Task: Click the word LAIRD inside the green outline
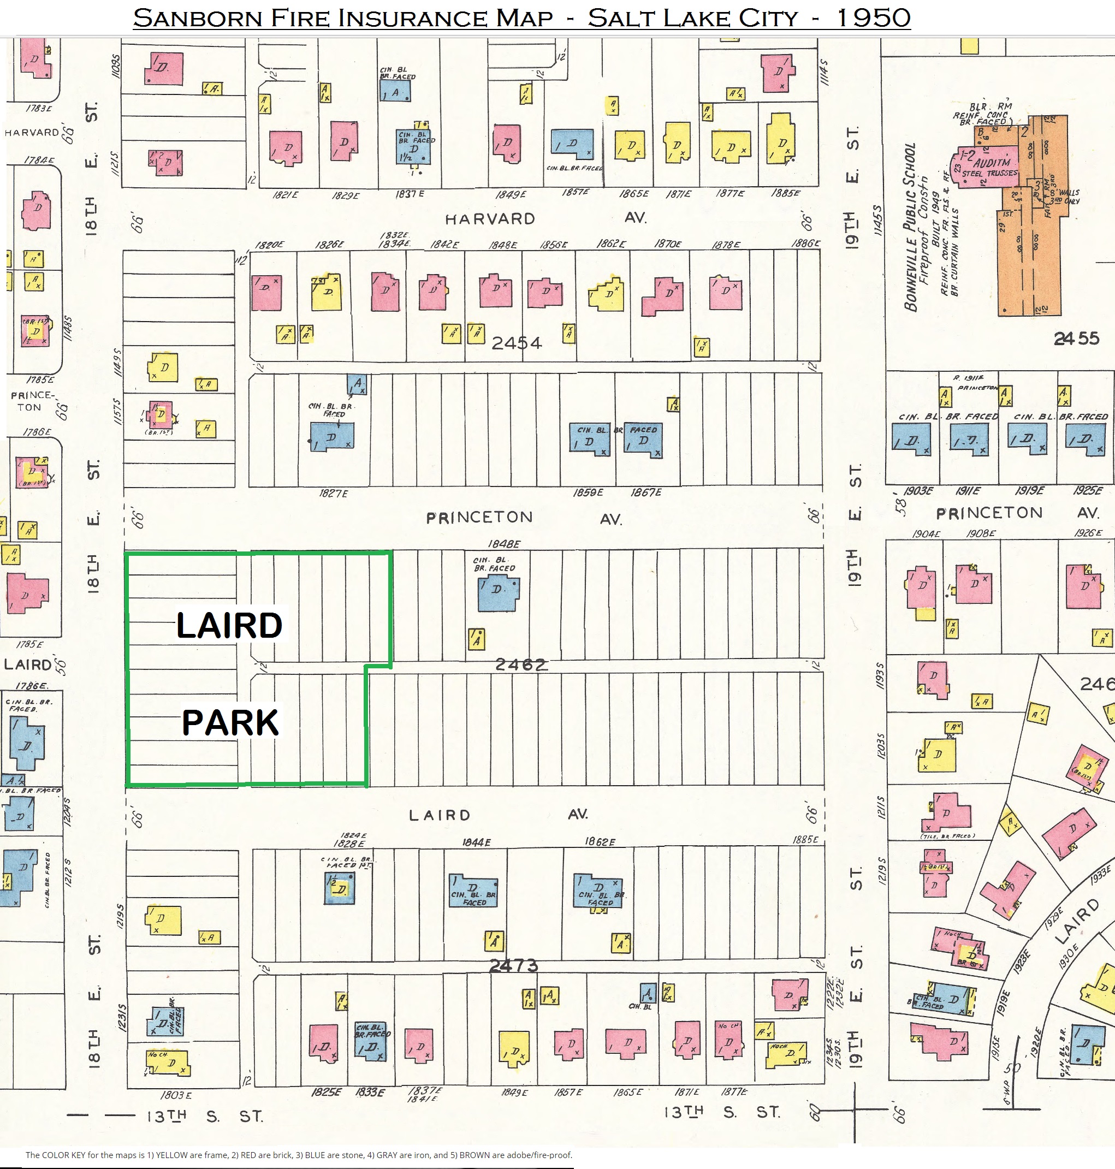(229, 625)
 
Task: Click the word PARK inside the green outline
(230, 723)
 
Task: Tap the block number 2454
(517, 343)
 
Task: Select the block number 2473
(513, 966)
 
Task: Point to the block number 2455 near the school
(1076, 338)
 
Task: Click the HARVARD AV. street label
(490, 219)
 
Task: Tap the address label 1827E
(334, 493)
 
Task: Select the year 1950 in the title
(873, 17)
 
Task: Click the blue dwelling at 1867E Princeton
(643, 441)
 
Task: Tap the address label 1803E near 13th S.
(176, 1095)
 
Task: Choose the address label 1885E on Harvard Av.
(785, 193)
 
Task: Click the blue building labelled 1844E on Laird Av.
(473, 892)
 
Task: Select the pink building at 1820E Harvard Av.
(266, 293)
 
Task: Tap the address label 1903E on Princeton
(918, 491)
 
